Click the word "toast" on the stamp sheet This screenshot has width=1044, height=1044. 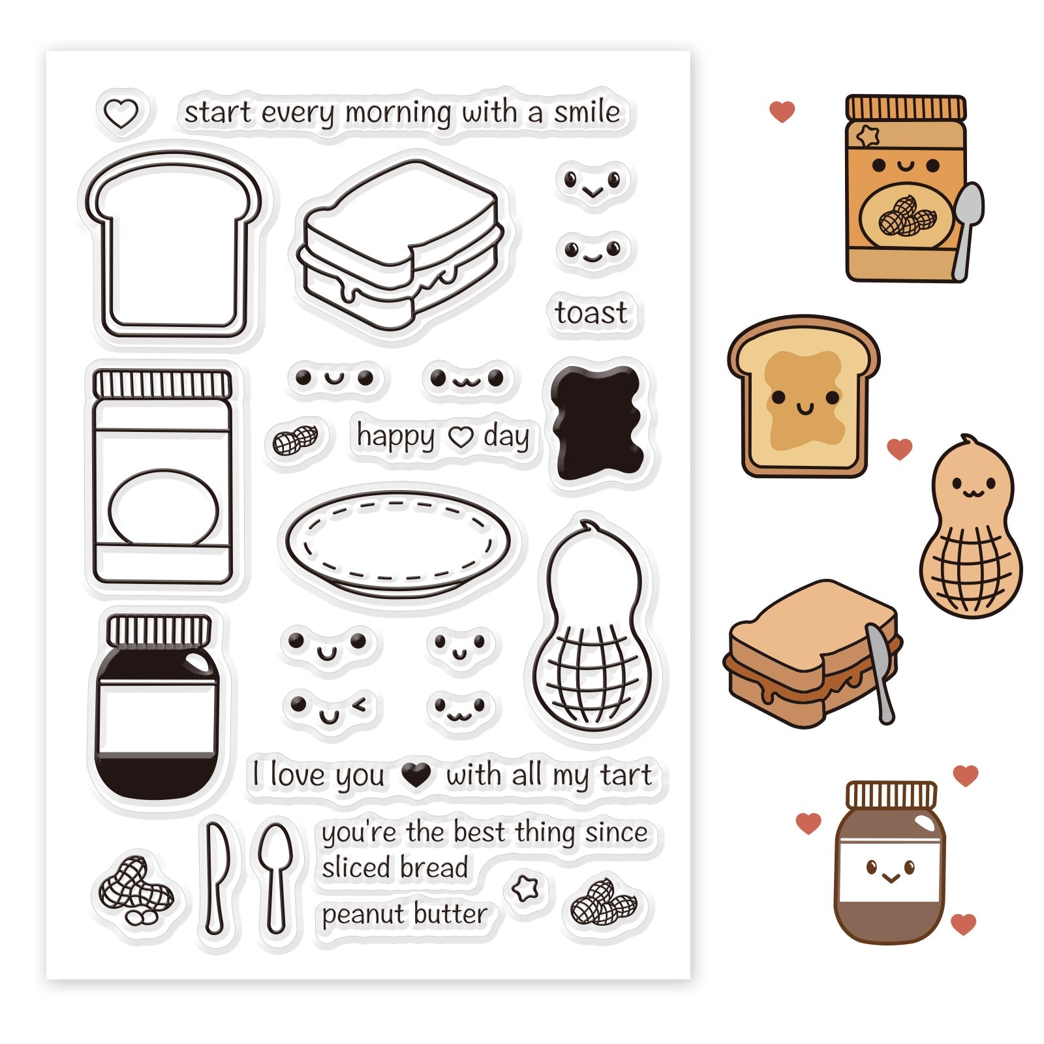[x=591, y=313]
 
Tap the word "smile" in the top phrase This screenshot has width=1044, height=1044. [x=587, y=112]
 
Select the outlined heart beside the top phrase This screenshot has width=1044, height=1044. [x=121, y=114]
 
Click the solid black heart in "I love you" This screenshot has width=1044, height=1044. [x=416, y=775]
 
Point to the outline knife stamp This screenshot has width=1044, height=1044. [x=216, y=877]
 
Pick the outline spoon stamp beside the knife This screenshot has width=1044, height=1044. [x=275, y=877]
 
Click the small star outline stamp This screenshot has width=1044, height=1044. [x=525, y=888]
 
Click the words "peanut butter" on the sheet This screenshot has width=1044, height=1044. [x=405, y=914]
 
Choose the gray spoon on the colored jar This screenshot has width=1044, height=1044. [x=968, y=232]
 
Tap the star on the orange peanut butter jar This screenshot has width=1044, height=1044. [x=868, y=136]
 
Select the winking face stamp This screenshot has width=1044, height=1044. [x=330, y=709]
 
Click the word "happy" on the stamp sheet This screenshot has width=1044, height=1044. [x=395, y=436]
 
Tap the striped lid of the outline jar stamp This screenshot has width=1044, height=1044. [x=162, y=384]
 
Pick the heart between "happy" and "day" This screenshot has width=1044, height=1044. [x=461, y=437]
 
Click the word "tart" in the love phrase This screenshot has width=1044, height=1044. [x=626, y=775]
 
